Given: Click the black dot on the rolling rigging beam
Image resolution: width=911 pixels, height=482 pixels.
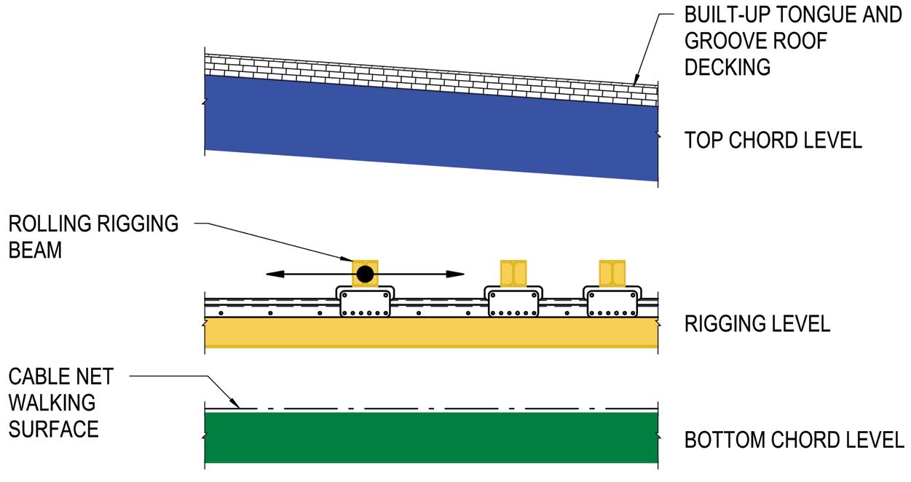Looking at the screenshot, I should click(365, 274).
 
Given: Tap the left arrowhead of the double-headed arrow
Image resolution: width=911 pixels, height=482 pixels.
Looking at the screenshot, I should click(274, 274).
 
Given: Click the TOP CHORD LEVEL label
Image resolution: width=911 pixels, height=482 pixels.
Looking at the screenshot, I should click(773, 140).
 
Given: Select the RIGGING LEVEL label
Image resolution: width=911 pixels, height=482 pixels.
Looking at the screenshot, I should click(757, 324).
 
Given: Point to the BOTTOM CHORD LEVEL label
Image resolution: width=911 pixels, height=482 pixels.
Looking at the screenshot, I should click(794, 440).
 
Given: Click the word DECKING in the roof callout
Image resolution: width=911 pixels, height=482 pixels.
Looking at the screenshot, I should click(727, 67).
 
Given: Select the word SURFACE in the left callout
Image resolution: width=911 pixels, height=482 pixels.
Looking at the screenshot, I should click(53, 429).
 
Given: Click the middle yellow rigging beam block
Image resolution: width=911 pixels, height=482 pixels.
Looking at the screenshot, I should click(513, 273).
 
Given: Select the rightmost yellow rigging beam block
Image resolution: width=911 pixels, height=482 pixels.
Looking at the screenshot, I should click(612, 273).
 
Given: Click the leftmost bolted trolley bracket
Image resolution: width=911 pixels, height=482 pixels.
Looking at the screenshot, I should click(364, 301).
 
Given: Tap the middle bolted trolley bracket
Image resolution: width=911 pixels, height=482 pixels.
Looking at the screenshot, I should click(513, 301).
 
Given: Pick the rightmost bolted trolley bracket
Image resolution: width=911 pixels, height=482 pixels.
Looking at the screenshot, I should click(612, 301).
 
